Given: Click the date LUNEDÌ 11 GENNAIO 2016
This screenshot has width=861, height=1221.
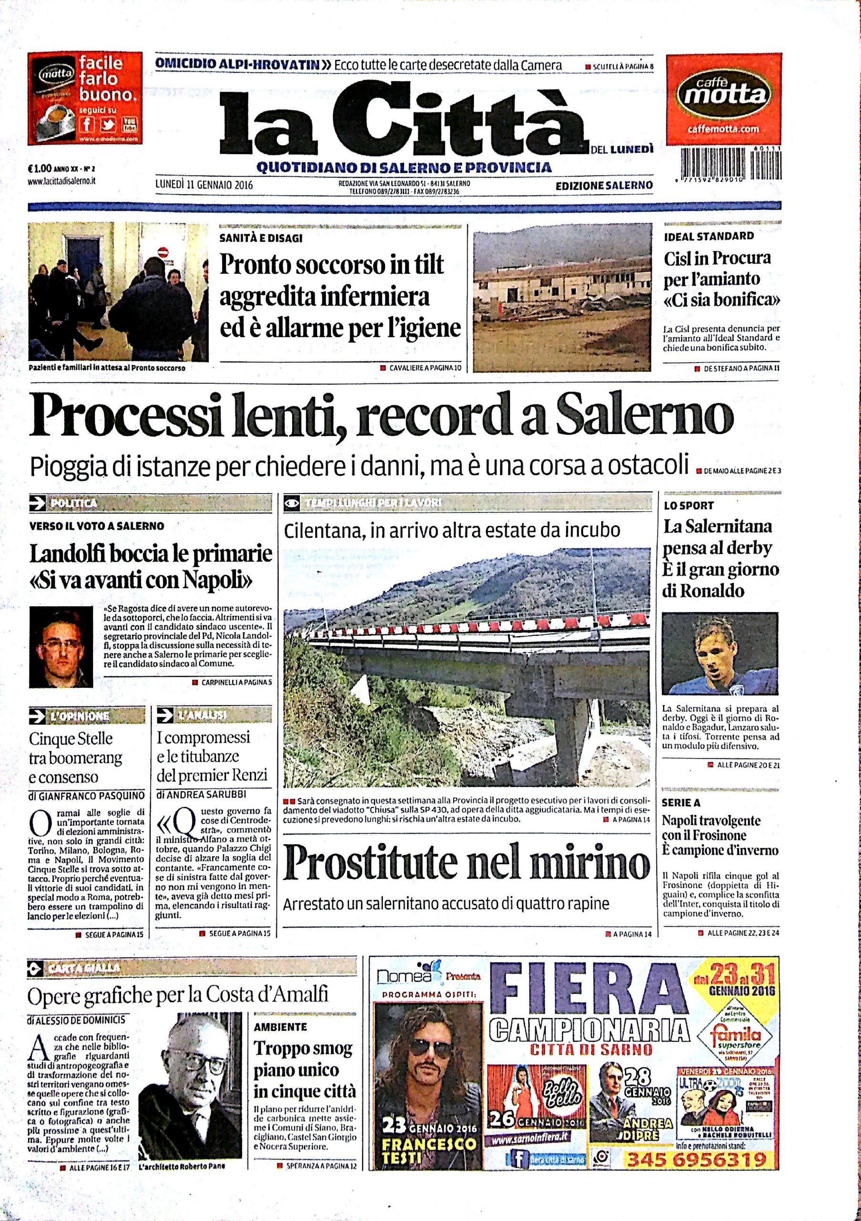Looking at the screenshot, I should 204,185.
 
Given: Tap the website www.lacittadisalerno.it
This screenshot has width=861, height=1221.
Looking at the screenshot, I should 61,181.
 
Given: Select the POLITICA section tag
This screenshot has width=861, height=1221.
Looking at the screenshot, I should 73,503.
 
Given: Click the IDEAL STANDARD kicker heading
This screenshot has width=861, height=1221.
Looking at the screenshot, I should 709,236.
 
